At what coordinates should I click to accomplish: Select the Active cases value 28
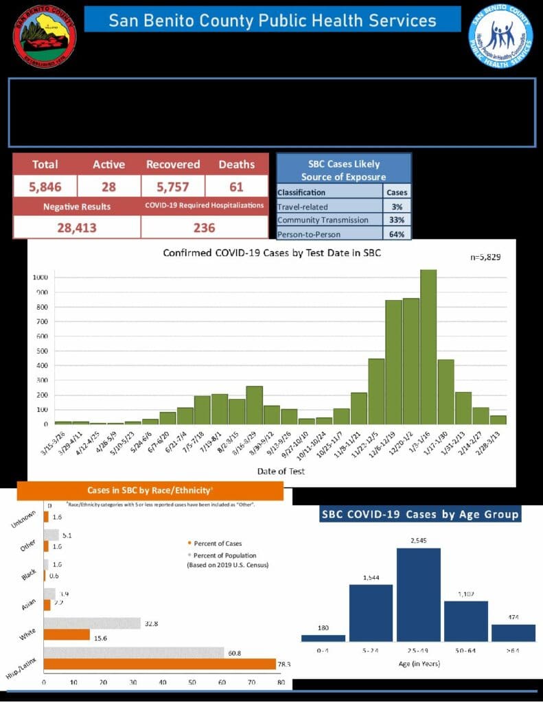[108, 186]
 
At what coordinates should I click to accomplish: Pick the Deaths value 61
[236, 186]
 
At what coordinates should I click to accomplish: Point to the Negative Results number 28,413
[76, 227]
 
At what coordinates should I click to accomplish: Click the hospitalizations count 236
[204, 227]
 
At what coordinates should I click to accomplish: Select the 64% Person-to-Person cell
[398, 234]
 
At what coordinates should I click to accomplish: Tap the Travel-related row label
[303, 206]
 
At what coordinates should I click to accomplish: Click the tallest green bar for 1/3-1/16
[428, 347]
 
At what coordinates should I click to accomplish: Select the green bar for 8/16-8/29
[254, 405]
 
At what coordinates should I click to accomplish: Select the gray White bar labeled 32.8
[92, 623]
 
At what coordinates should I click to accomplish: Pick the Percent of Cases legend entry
[213, 544]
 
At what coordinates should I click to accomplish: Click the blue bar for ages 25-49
[418, 595]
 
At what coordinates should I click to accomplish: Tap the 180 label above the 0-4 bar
[323, 627]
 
